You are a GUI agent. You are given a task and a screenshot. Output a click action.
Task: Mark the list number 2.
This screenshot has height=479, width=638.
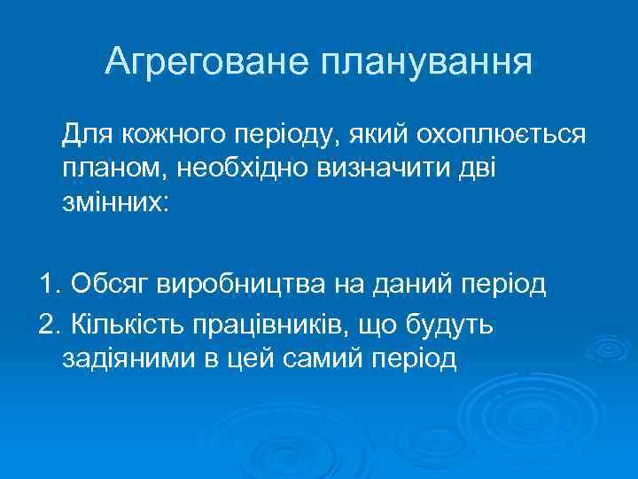click(x=49, y=326)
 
